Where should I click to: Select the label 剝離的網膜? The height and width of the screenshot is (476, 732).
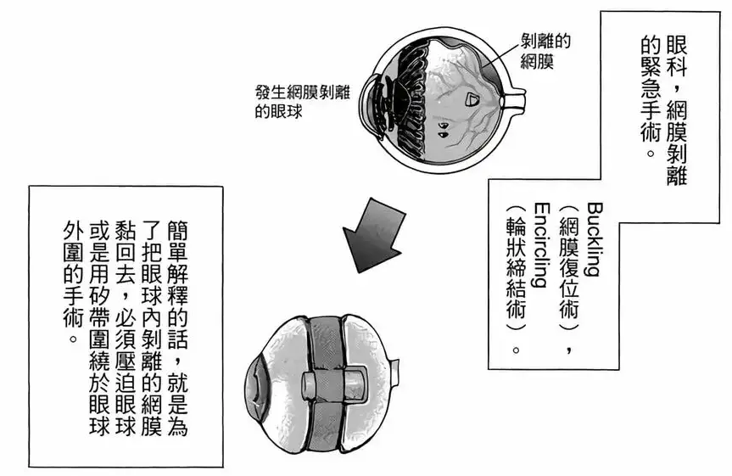[545, 52]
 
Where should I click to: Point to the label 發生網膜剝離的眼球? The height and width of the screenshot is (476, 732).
[302, 102]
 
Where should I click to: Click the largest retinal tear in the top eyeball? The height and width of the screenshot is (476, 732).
[473, 99]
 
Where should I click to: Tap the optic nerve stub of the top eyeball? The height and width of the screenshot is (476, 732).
[515, 100]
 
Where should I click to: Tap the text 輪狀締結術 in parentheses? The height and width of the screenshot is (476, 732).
[517, 267]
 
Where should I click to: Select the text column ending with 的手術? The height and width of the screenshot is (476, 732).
[72, 279]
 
